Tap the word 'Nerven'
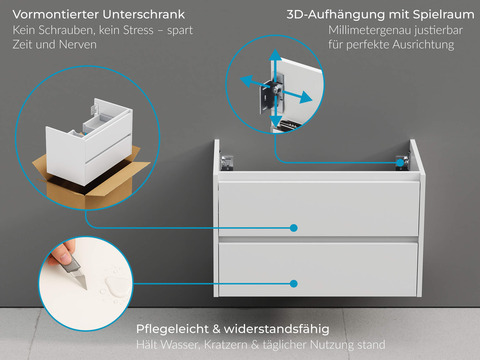click(x=72, y=47)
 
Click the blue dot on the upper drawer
click(x=295, y=227)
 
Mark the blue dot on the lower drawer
click(x=295, y=285)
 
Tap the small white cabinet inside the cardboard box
click(x=90, y=145)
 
